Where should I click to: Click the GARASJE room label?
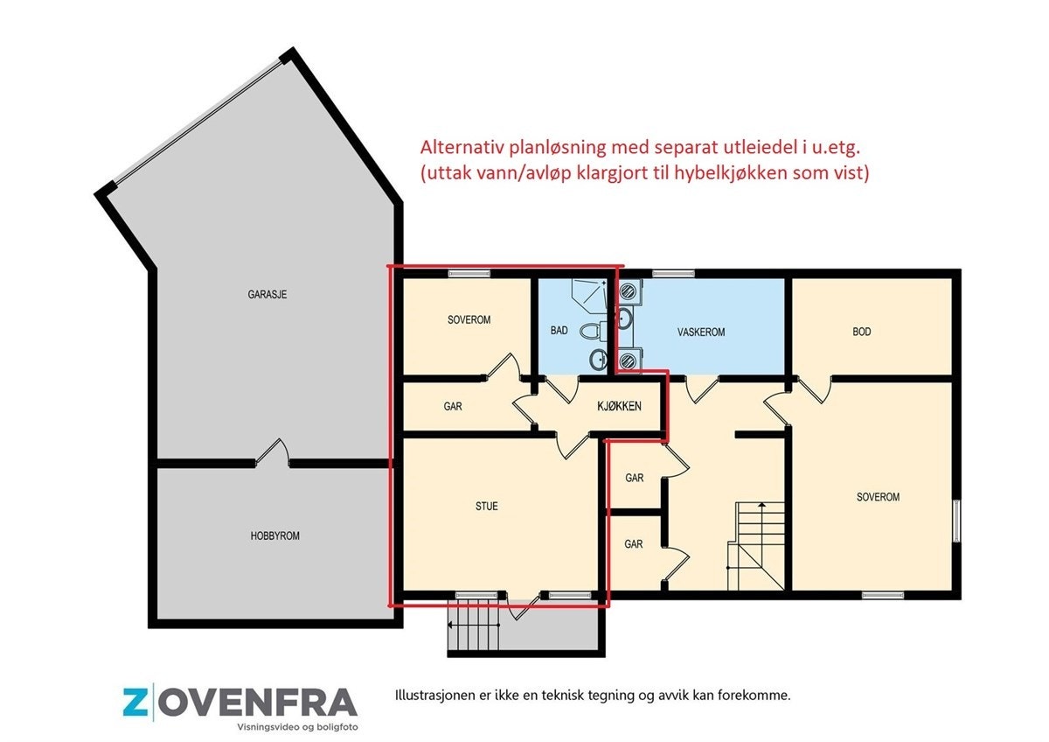pos(267,295)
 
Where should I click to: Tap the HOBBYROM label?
pos(275,535)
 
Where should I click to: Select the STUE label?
pos(487,506)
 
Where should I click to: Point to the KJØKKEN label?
pos(620,406)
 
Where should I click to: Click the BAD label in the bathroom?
pos(559,332)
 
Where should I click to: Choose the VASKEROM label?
pos(701,332)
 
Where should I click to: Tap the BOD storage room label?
pos(862,332)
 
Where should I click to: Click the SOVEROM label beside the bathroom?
pos(469,320)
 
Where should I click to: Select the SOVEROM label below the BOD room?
pos(878,497)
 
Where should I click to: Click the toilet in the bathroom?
pos(594,332)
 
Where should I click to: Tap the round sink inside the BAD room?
pos(599,358)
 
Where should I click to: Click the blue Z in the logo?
pos(135,702)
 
